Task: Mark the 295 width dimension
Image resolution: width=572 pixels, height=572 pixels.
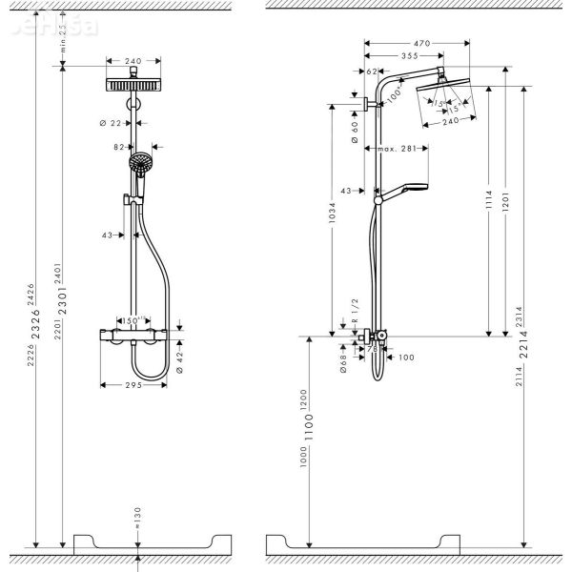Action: tap(133, 385)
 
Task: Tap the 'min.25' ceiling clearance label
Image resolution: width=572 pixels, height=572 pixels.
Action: tap(63, 42)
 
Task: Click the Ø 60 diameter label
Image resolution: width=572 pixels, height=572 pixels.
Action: tap(354, 130)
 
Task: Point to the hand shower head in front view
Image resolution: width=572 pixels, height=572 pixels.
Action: tap(140, 165)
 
